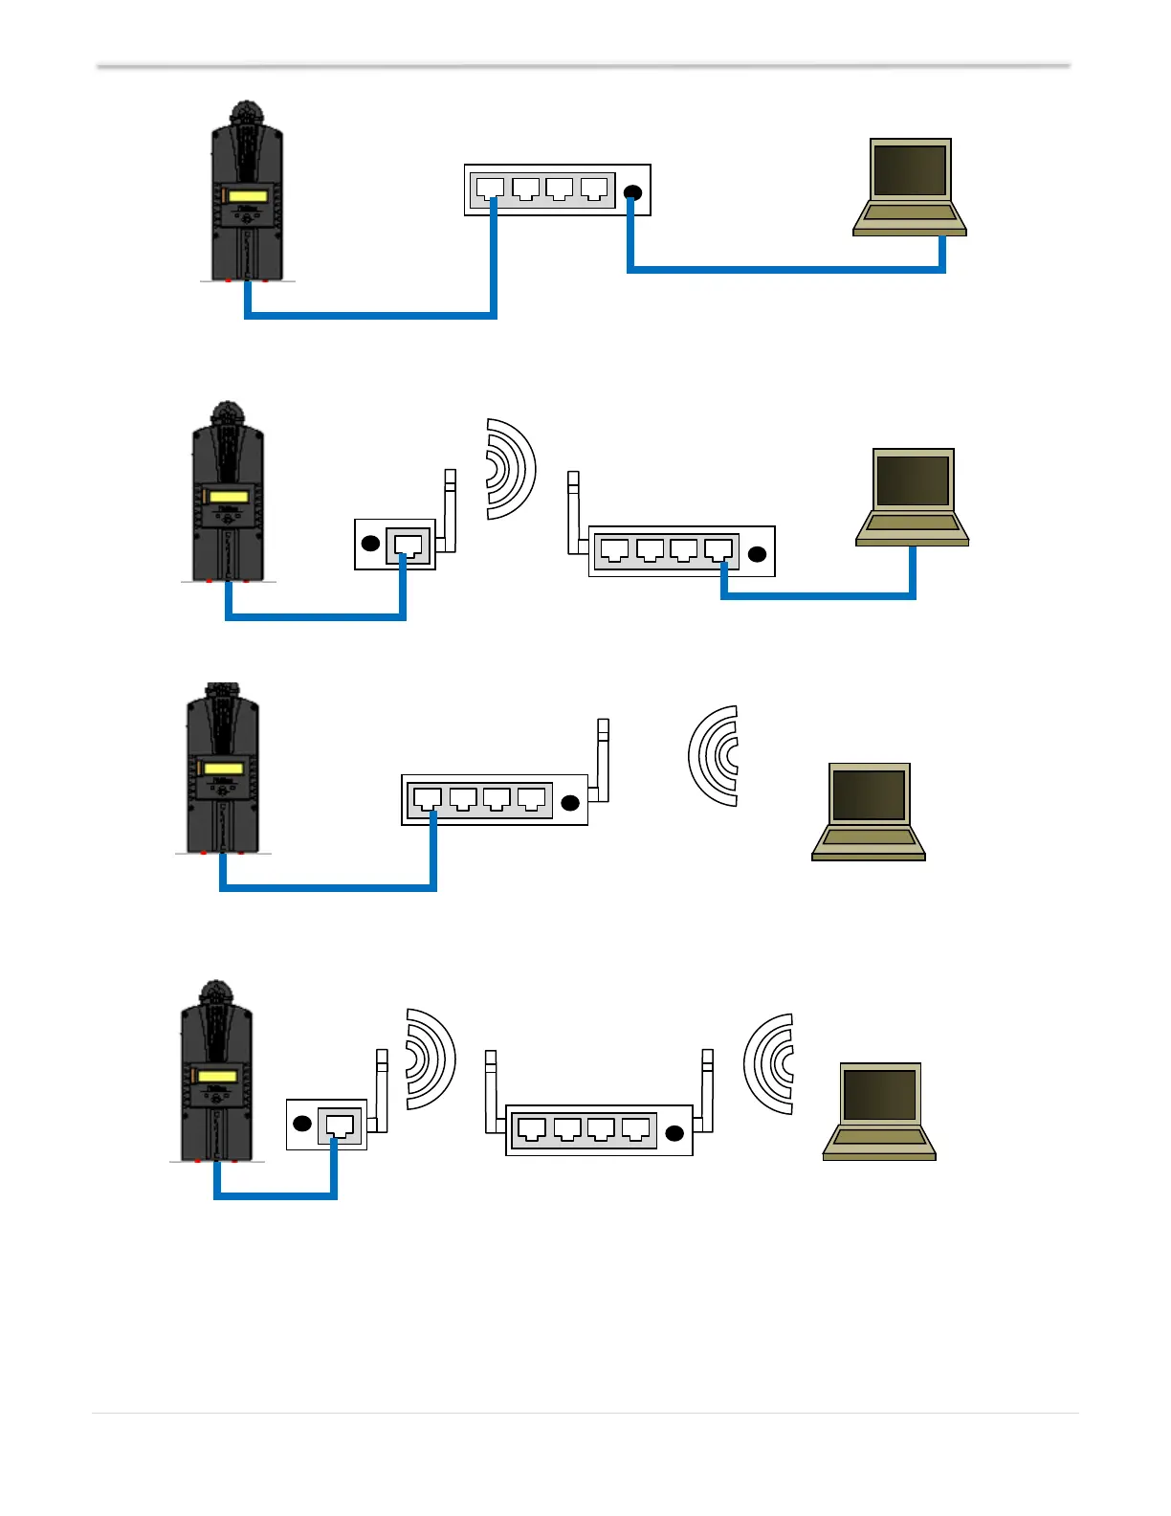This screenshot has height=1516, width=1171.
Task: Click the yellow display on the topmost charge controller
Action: click(x=248, y=196)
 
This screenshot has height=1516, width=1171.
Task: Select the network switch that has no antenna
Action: click(x=557, y=189)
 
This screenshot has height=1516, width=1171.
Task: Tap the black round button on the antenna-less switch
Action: click(x=631, y=193)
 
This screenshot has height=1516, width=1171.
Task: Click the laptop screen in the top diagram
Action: click(x=910, y=170)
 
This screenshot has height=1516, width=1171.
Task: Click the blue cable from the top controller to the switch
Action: click(x=371, y=314)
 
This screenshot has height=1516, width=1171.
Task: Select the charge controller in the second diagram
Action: click(x=228, y=493)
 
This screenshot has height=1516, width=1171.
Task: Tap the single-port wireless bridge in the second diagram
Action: click(x=395, y=545)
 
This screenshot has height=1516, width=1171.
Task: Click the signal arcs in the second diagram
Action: click(x=510, y=469)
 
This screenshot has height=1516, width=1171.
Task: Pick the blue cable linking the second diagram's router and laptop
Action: click(x=819, y=595)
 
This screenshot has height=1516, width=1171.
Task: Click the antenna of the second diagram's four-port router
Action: click(x=574, y=511)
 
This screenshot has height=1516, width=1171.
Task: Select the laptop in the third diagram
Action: click(x=869, y=812)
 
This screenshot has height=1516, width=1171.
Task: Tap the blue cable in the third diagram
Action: click(x=328, y=887)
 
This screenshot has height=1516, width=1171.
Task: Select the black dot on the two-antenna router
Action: click(x=674, y=1134)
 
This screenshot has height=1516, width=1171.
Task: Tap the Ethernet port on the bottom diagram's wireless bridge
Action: click(x=340, y=1125)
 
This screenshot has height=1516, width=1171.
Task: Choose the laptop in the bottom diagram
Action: click(x=879, y=1111)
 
